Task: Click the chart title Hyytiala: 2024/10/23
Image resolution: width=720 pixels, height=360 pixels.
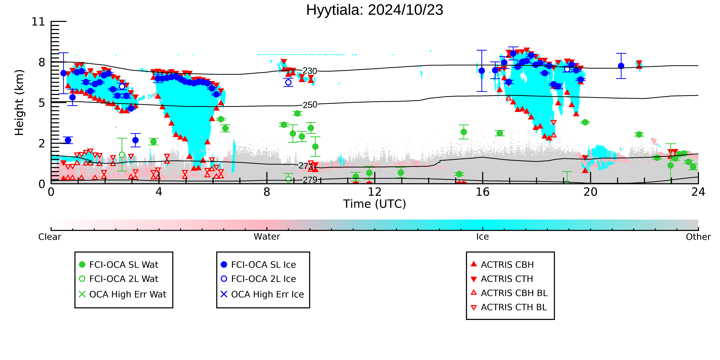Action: (x=375, y=10)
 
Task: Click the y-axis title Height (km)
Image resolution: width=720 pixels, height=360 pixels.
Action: (x=19, y=103)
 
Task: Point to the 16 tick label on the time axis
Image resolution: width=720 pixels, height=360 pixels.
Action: (x=482, y=192)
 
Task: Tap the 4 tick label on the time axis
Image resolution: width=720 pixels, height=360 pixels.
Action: (x=159, y=192)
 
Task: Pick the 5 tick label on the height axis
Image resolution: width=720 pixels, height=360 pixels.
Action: (x=42, y=103)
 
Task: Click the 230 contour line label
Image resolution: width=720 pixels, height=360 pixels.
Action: (x=310, y=71)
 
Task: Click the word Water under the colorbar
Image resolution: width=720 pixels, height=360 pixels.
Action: (x=267, y=237)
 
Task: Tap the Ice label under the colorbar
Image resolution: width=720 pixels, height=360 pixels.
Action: (x=482, y=237)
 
